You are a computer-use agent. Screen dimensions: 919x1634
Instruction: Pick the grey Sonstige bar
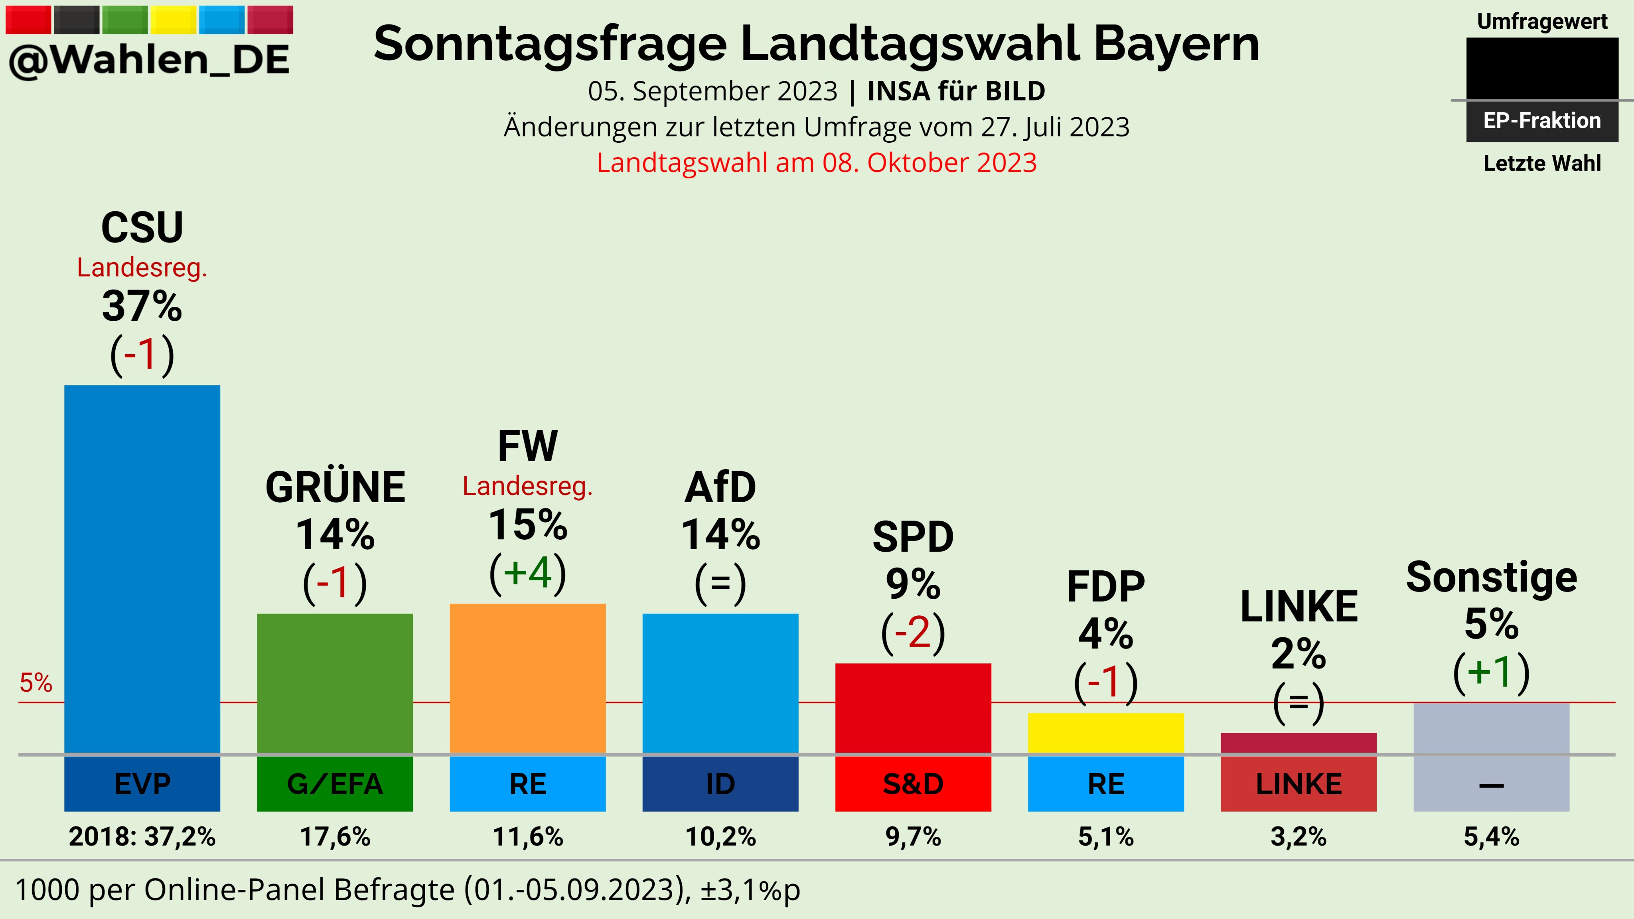click(x=1491, y=728)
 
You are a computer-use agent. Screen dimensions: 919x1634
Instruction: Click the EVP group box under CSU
click(x=142, y=784)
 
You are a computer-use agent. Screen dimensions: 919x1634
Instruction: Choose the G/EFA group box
click(x=335, y=784)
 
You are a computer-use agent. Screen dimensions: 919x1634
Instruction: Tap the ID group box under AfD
click(x=720, y=784)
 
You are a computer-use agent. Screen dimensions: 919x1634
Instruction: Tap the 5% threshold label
click(x=36, y=683)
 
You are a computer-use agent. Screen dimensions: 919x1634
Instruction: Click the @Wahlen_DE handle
click(x=149, y=60)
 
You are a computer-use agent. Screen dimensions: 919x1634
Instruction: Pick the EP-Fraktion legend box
click(x=1541, y=120)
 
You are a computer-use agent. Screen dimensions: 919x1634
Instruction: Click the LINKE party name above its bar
click(x=1299, y=607)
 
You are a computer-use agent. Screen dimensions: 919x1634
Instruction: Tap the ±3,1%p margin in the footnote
click(x=750, y=890)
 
